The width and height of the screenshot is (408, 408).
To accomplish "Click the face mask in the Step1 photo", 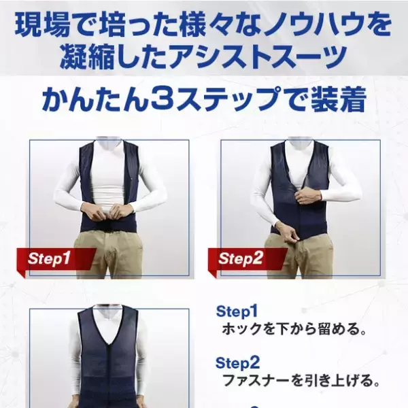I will pos(109,144).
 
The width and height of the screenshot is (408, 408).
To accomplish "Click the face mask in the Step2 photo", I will pos(300,144).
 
